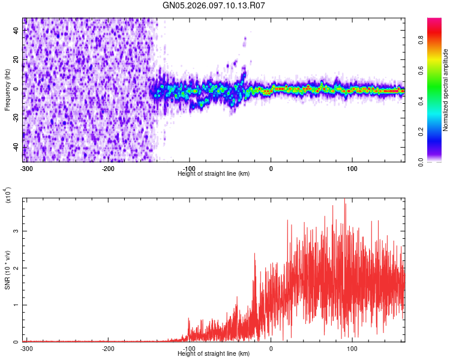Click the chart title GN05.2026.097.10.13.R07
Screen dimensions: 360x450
(214, 5)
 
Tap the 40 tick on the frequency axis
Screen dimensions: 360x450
(16, 29)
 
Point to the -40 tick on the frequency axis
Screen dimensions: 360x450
(15, 147)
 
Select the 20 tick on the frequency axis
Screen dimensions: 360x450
(16, 59)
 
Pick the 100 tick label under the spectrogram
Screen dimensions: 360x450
(352, 168)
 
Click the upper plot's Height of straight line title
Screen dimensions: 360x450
(214, 173)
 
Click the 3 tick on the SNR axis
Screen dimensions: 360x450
(18, 231)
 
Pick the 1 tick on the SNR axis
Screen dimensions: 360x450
(18, 305)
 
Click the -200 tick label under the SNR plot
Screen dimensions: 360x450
(108, 348)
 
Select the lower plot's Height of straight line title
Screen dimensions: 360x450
(214, 353)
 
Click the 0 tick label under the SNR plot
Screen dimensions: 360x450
(271, 348)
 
